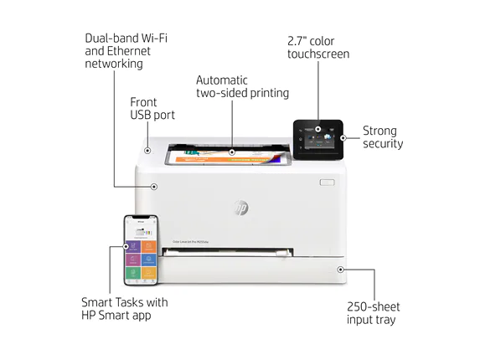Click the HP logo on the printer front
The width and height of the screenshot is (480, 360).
241,208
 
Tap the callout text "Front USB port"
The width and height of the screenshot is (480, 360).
152,109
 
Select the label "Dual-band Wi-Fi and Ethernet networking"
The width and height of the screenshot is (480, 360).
126,51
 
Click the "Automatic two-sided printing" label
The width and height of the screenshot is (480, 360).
242,86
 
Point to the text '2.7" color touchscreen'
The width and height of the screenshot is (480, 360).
318,48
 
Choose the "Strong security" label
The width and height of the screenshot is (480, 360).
383,137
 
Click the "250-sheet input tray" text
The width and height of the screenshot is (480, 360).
373,313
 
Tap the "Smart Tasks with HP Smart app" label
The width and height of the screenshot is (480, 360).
125,309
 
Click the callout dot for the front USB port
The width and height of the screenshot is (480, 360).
147,151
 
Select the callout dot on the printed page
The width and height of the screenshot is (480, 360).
232,152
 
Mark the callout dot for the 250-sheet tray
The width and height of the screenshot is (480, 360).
340,270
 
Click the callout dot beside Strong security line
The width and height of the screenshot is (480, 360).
343,138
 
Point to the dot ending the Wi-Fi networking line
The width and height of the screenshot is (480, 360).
154,187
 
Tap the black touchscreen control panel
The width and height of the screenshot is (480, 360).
318,140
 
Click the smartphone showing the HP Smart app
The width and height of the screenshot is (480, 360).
141,250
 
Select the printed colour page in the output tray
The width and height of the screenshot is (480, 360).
228,156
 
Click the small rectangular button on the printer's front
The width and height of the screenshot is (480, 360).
327,183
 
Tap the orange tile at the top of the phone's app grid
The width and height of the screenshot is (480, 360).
149,246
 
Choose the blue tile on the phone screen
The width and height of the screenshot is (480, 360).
149,260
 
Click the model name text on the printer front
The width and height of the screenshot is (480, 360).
190,242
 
